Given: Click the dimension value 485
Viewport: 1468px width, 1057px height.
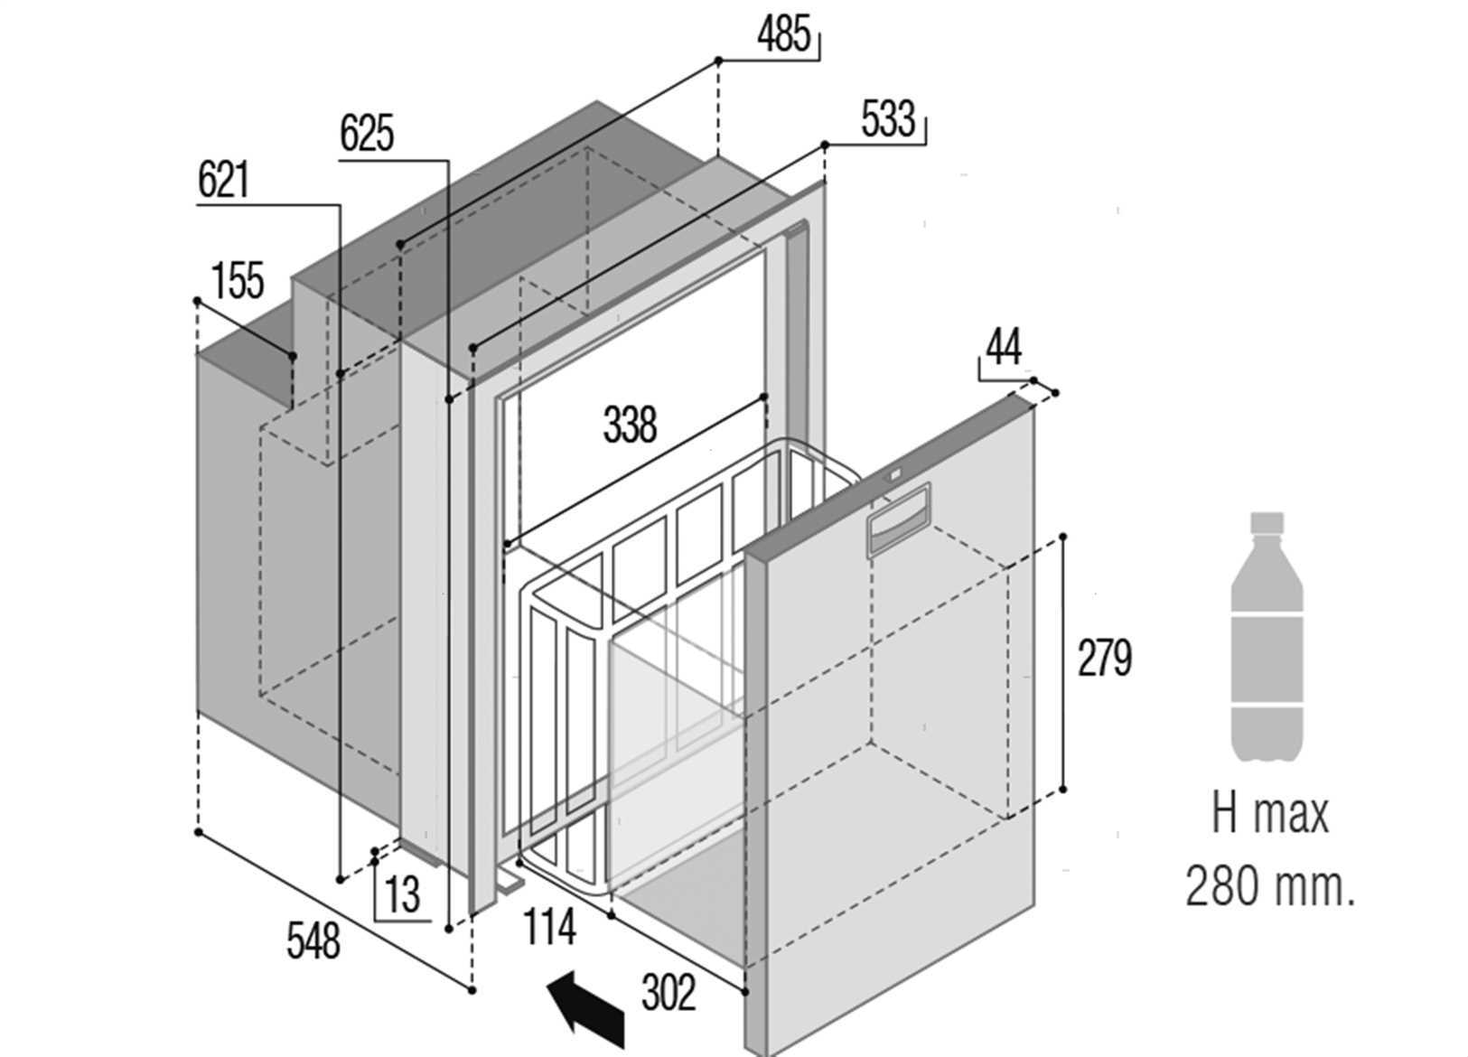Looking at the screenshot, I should pos(783,35).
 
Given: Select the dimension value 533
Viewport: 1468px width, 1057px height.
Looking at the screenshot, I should pos(888,119).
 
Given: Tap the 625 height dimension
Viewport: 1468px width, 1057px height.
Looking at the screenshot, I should pos(367,135).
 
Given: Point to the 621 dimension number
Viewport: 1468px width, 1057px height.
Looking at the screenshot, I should pos(223,181).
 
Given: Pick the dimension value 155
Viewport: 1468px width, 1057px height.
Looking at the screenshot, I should pos(238,280).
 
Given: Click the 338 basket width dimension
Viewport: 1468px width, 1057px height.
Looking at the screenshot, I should pos(630,425).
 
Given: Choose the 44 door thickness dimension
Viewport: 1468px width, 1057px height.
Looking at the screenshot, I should pos(1003,346).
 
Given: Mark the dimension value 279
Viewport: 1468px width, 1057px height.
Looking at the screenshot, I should pos(1104,658).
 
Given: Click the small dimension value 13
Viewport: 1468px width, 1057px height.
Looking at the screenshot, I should pos(402,894).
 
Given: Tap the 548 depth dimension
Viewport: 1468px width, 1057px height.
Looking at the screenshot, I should pos(313,940).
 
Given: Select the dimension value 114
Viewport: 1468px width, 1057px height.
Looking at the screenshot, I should pos(549,927).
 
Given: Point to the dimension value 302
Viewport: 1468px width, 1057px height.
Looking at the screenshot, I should pos(669,993).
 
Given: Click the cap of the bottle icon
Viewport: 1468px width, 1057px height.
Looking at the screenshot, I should pos(1266,523).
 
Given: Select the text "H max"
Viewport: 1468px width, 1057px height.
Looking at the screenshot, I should pos(1269,814).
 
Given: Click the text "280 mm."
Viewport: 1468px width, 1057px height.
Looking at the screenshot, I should pos(1269,886).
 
